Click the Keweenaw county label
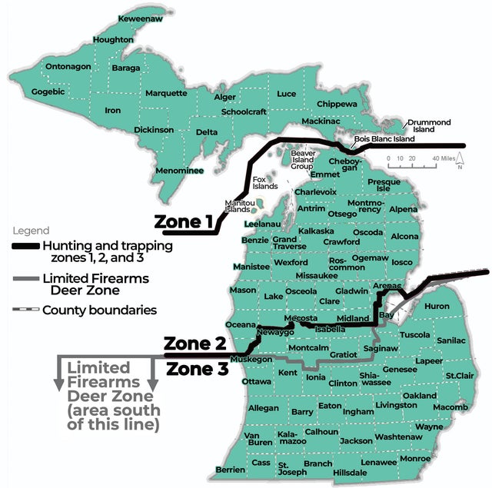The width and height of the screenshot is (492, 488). pyautogui.click(x=140, y=18)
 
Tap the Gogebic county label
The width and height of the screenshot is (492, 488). pyautogui.click(x=48, y=92)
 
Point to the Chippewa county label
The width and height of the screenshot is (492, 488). pyautogui.click(x=337, y=104)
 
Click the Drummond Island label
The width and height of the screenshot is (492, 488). pyautogui.click(x=429, y=126)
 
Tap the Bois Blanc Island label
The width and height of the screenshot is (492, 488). pyautogui.click(x=384, y=139)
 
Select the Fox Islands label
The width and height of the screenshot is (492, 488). pyautogui.click(x=264, y=183)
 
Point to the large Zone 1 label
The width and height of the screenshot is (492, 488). pyautogui.click(x=184, y=222)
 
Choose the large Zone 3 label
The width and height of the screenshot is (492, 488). pyautogui.click(x=198, y=369)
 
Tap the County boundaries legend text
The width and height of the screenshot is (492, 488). pyautogui.click(x=99, y=310)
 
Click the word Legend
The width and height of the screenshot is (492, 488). pyautogui.click(x=31, y=231)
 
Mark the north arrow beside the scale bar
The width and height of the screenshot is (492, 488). pyautogui.click(x=459, y=161)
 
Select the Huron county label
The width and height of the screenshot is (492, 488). pyautogui.click(x=437, y=306)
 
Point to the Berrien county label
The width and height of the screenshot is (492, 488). pyautogui.click(x=230, y=469)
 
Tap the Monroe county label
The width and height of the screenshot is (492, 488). pyautogui.click(x=415, y=458)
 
